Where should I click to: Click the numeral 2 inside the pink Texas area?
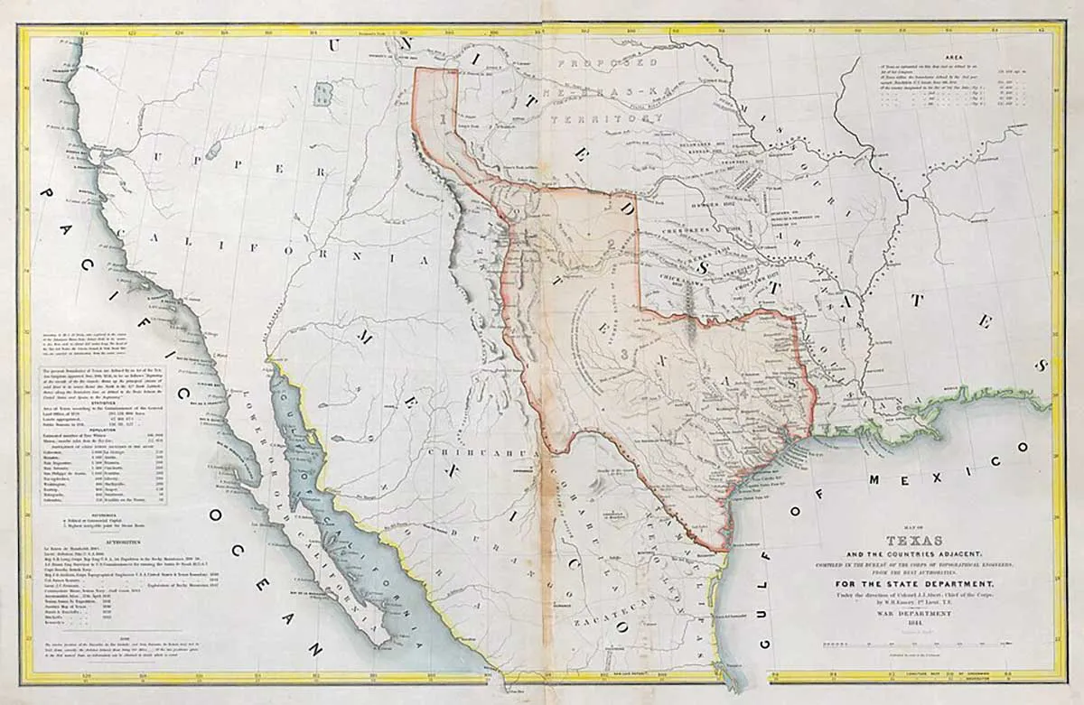(x=612, y=245)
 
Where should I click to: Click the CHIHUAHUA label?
(x=464, y=450)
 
